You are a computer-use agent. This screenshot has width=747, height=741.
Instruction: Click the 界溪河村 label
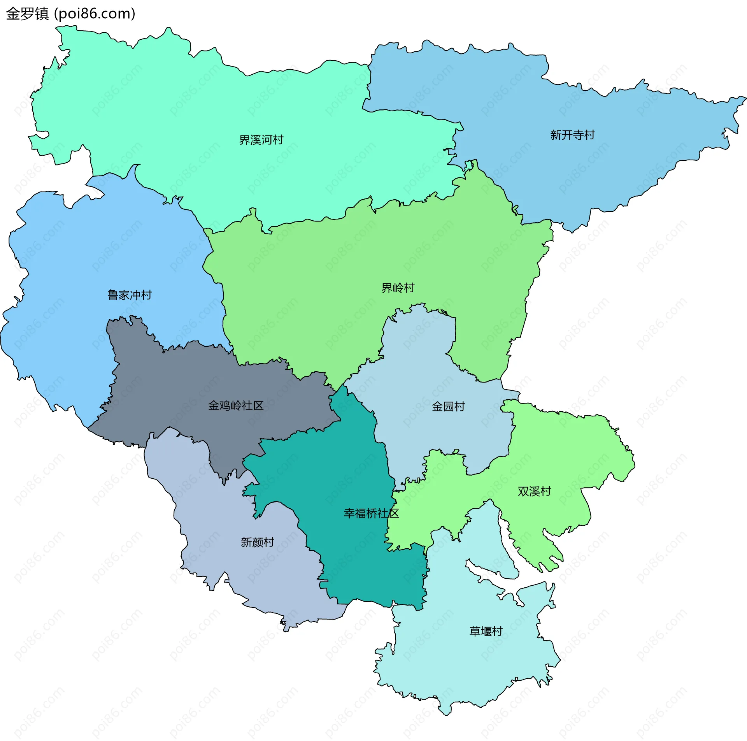261,140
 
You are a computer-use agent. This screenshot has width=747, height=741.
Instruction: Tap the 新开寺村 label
572,135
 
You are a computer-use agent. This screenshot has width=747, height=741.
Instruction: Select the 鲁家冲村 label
130,295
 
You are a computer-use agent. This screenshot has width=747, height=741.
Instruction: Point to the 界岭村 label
398,288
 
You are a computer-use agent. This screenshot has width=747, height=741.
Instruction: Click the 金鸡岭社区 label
236,406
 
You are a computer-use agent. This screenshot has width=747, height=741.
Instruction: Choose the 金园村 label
448,407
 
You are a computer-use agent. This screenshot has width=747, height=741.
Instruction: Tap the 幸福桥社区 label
371,513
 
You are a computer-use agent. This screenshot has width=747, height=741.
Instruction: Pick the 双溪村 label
534,492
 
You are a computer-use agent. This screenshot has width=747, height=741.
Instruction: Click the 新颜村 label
257,542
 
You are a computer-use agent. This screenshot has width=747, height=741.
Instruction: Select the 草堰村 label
486,631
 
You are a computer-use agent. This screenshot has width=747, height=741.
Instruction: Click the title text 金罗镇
27,14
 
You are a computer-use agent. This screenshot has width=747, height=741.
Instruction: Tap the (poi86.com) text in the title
95,14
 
